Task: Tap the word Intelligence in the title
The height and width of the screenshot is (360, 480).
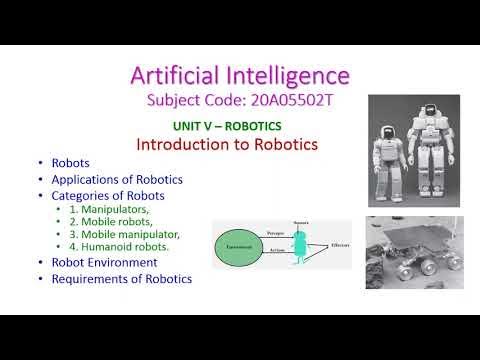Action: click(291, 75)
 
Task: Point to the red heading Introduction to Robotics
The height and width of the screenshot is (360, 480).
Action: click(227, 144)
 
